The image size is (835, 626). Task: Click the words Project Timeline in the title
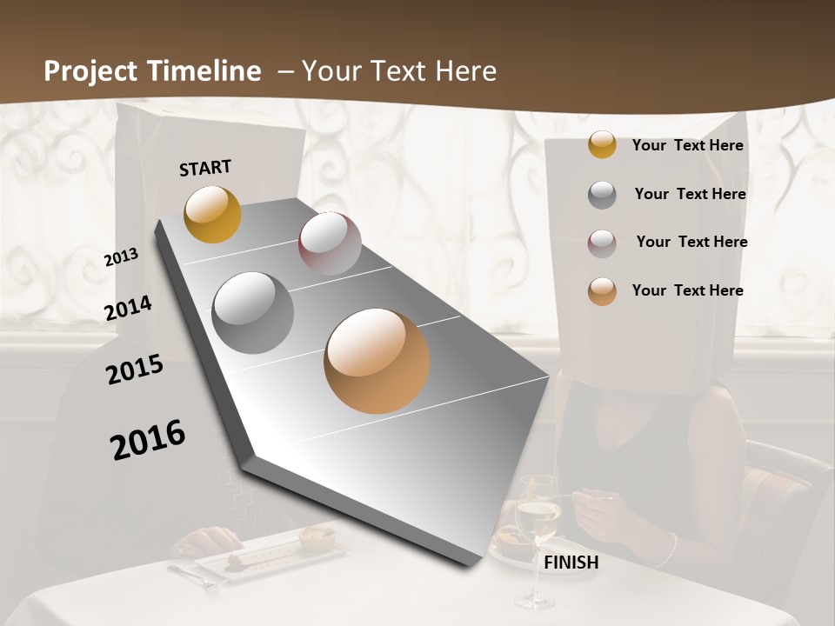coord(152,71)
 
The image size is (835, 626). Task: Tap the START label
coord(205,168)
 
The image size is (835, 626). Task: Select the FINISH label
coord(571,563)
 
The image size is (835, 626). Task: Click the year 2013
coord(122,257)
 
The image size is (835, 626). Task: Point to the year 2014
coord(128,309)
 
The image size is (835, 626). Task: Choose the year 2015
coord(135,370)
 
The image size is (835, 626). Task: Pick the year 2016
coord(148,439)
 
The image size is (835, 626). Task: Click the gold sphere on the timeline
coord(212,214)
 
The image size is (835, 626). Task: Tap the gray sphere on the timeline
coord(252,312)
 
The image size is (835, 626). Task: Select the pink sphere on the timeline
coord(330,243)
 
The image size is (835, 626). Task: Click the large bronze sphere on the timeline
coord(377,361)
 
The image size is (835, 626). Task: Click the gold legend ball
coord(602,144)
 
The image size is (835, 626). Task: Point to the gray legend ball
coord(602,195)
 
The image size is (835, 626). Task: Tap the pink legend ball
coord(602,243)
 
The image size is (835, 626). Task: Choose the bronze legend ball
coord(602,291)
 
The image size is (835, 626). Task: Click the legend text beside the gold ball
coord(687,145)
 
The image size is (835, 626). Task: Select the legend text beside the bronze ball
coord(687,290)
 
